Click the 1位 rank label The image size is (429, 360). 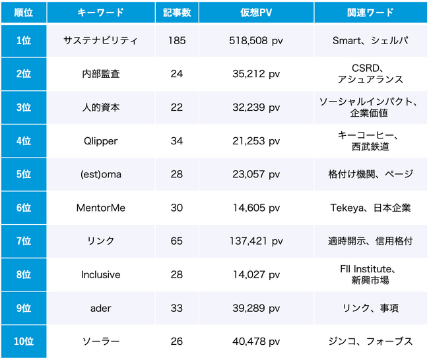pyautogui.click(x=23, y=41)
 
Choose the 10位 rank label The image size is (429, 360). pyautogui.click(x=23, y=341)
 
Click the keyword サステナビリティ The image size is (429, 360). pyautogui.click(x=100, y=41)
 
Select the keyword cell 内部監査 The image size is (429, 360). pyautogui.click(x=100, y=74)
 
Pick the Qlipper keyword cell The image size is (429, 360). pyautogui.click(x=100, y=141)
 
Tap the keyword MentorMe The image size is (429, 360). pyautogui.click(x=100, y=208)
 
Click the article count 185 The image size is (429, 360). pyautogui.click(x=177, y=41)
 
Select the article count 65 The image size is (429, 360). pyautogui.click(x=177, y=241)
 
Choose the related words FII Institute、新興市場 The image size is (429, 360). pyautogui.click(x=370, y=274)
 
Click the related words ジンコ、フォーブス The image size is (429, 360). pyautogui.click(x=370, y=341)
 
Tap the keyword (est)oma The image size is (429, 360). pyautogui.click(x=100, y=174)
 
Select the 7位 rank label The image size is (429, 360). pyautogui.click(x=23, y=241)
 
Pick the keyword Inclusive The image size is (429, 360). pyautogui.click(x=100, y=274)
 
